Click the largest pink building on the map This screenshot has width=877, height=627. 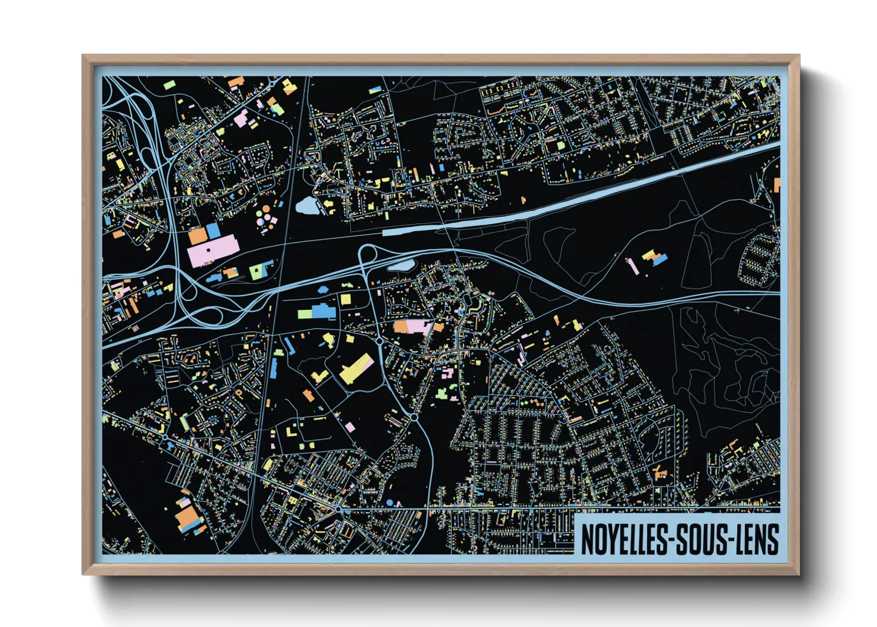(212, 249)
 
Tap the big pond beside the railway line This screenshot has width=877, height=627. (307, 206)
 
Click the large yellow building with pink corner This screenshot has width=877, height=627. (355, 368)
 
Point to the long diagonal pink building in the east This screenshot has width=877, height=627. (633, 266)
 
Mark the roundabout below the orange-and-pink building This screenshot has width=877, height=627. (379, 341)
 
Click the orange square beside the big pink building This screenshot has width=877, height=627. (197, 235)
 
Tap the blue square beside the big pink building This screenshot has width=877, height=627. (213, 231)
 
